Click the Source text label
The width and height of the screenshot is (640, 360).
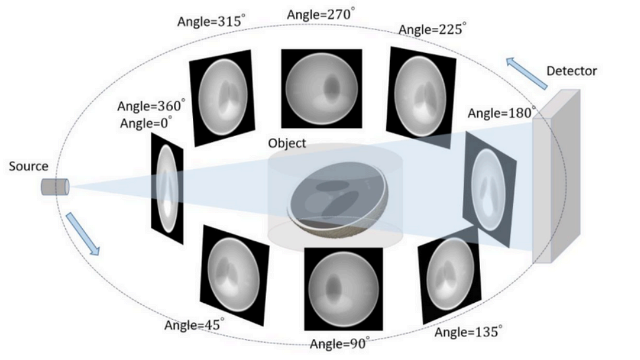(29, 166)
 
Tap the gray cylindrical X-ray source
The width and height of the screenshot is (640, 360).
(55, 187)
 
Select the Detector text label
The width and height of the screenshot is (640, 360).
(572, 71)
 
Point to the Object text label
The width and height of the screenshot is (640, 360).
(287, 143)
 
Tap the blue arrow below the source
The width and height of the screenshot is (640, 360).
(83, 234)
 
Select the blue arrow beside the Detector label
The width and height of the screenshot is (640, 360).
(527, 73)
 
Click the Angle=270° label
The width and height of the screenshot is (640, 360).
(321, 14)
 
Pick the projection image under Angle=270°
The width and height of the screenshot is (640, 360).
(322, 88)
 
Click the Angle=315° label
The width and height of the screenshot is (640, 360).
(211, 21)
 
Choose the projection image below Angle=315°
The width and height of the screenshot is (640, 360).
(222, 98)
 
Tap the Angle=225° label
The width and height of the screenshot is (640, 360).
(432, 29)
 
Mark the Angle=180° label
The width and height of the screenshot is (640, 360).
(502, 113)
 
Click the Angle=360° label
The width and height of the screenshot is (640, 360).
(151, 105)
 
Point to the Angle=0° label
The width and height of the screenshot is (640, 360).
(146, 123)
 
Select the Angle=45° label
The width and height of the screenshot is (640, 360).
(194, 325)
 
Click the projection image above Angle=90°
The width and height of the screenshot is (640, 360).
(344, 289)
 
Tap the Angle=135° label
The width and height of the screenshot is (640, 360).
(468, 332)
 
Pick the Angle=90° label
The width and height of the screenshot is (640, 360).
(340, 344)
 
